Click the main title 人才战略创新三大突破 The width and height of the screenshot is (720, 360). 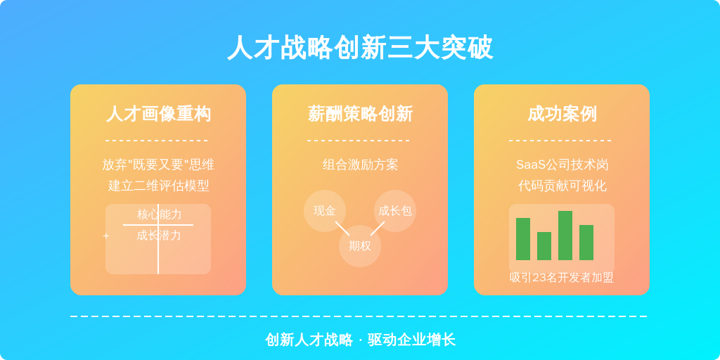click(360, 48)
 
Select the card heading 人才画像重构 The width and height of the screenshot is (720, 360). click(158, 113)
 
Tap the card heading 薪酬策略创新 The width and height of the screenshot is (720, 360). click(360, 113)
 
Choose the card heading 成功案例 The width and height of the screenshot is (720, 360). click(562, 113)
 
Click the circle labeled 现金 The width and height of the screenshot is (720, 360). click(325, 211)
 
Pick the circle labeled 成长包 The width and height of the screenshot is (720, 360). click(395, 211)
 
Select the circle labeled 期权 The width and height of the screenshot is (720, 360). click(360, 246)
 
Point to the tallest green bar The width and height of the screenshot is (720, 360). click(565, 236)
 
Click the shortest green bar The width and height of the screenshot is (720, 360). click(544, 246)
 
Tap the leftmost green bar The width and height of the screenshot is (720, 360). click(523, 239)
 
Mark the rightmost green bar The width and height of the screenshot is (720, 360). click(586, 243)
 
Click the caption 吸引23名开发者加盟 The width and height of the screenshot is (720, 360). click(562, 278)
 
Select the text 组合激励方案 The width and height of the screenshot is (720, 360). click(360, 165)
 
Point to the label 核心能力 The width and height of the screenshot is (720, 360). click(159, 214)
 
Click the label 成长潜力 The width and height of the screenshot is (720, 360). click(159, 236)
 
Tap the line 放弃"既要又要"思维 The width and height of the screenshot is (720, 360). click(158, 165)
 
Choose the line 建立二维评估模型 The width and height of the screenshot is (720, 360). click(158, 186)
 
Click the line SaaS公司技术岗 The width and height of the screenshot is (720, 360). click(562, 165)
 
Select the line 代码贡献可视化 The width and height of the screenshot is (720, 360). click(562, 186)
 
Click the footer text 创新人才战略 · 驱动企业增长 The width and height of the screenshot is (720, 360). click(360, 340)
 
